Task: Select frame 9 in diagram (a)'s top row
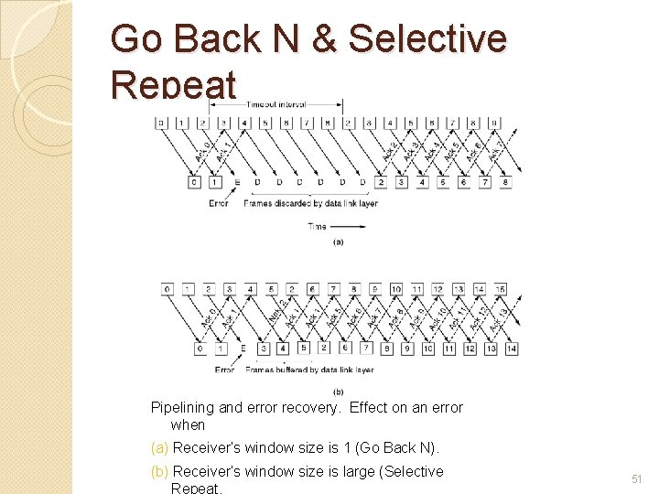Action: pos(495,122)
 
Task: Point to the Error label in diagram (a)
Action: pos(218,203)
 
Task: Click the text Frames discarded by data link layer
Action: pos(310,203)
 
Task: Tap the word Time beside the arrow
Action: pos(318,226)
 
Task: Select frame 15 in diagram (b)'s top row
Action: pos(500,289)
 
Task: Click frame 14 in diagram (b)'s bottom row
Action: pos(511,349)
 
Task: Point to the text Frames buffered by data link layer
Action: pos(311,370)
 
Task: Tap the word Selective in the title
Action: pos(427,39)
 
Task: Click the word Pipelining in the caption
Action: pos(182,408)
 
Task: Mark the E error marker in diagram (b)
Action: pos(243,349)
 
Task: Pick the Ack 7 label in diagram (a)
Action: pos(495,149)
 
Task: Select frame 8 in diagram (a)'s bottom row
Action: pos(506,183)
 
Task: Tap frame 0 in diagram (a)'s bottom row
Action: pos(193,183)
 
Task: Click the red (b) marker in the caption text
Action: pos(159,472)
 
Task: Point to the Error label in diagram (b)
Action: pos(224,370)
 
